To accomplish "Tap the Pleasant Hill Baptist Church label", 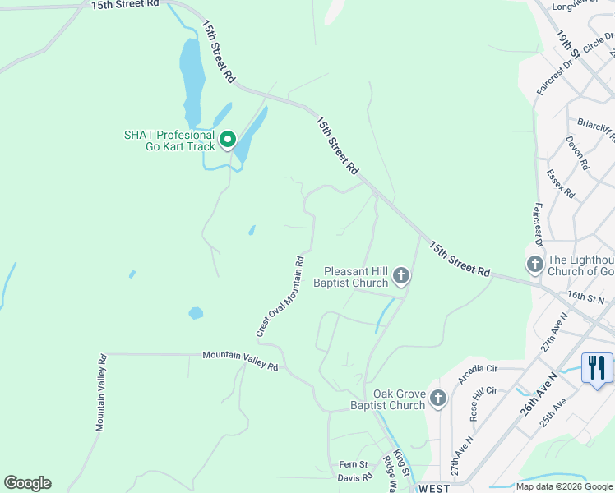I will click(355, 277).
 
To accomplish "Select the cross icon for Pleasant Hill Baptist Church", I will click(401, 276).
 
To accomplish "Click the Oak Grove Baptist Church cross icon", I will click(438, 399).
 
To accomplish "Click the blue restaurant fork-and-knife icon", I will click(597, 366).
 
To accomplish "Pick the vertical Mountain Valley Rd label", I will click(101, 393).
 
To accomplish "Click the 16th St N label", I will click(585, 297).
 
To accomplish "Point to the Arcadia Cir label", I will click(479, 374).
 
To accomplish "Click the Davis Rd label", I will click(354, 477).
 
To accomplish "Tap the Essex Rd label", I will click(560, 185).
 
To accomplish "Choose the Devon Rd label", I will click(577, 153).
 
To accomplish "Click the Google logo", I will click(27, 483).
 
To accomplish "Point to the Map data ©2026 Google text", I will click(563, 486).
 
